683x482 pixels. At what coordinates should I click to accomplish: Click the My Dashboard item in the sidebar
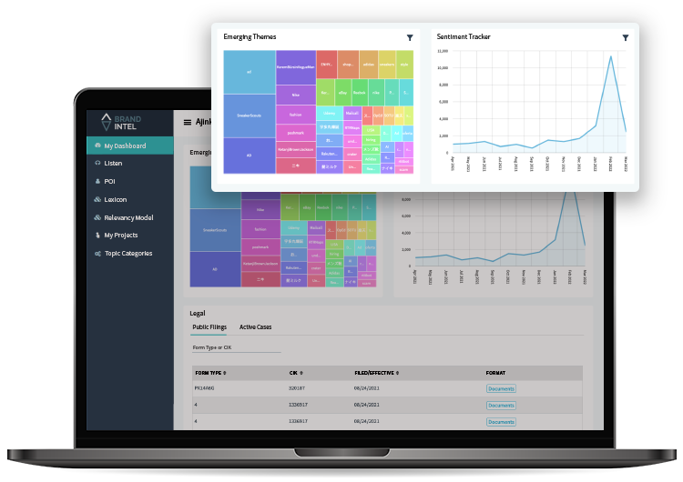124,146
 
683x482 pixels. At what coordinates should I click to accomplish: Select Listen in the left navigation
113,164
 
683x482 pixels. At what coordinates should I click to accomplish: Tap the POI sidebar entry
109,181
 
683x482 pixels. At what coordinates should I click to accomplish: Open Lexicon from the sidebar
115,199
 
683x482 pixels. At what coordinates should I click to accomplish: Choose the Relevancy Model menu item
127,217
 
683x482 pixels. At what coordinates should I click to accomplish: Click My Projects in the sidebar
121,236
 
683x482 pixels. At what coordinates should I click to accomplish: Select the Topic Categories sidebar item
127,254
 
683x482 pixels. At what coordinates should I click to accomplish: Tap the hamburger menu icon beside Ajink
188,122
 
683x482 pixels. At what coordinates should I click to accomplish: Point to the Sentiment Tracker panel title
464,37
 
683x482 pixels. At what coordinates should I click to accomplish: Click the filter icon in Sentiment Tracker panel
626,37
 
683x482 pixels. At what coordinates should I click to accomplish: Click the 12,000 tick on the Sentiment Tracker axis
443,52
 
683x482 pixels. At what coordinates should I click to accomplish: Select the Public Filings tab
209,326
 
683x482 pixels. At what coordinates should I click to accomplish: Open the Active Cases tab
255,326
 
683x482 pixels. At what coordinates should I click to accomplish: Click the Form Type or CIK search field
236,347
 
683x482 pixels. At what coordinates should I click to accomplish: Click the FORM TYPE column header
211,373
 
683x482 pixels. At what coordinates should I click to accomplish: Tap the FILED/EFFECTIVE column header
376,373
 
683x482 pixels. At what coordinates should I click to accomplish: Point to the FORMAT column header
497,373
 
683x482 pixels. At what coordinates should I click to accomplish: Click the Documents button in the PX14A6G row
501,388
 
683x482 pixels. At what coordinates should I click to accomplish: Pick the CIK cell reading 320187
298,388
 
